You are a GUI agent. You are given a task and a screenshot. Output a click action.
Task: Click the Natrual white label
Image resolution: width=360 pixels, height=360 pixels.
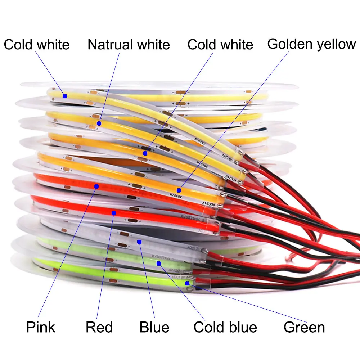[129, 45]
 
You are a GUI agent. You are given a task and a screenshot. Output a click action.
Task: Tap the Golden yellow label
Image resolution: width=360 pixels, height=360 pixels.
[311, 44]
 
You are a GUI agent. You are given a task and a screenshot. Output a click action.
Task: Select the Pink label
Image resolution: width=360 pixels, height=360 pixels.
[41, 327]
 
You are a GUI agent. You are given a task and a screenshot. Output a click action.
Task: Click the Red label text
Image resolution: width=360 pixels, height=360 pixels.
[99, 327]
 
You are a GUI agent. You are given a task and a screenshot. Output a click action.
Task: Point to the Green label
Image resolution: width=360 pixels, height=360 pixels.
[304, 327]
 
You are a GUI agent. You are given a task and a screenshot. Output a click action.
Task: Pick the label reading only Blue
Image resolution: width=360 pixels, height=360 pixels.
[154, 327]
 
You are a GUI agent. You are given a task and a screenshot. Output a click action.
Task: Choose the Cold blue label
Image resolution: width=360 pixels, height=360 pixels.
[225, 327]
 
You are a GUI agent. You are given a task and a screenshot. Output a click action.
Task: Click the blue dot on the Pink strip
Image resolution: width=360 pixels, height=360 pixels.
[96, 186]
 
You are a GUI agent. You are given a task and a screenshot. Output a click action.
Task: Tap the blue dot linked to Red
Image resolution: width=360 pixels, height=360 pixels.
[114, 212]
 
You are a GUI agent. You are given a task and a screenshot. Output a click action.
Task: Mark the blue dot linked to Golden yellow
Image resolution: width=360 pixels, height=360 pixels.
[179, 190]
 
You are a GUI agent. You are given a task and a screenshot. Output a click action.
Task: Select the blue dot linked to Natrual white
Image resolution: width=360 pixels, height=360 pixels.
[99, 123]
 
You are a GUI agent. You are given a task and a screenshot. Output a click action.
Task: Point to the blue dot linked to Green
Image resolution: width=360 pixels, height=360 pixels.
[187, 283]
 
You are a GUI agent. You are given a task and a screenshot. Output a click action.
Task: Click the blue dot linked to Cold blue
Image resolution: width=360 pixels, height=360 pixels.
[159, 264]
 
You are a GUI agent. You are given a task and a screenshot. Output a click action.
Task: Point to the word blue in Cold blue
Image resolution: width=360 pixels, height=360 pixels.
[242, 327]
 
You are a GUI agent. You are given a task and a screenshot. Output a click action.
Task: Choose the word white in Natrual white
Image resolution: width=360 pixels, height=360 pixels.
[151, 45]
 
